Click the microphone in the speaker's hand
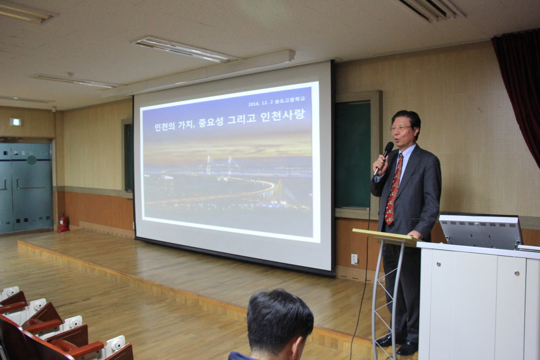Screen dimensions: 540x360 383,159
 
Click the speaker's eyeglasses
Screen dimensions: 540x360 401,128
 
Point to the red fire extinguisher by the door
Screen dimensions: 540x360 63,223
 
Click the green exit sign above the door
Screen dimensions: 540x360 15,122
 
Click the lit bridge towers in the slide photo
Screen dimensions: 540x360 219,164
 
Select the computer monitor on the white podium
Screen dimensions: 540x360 481,232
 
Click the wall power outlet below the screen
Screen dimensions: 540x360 354,259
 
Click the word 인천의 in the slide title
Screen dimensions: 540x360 165,126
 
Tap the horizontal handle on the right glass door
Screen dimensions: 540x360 31,188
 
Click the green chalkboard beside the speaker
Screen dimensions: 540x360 353,155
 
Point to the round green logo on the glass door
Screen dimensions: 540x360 32,160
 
